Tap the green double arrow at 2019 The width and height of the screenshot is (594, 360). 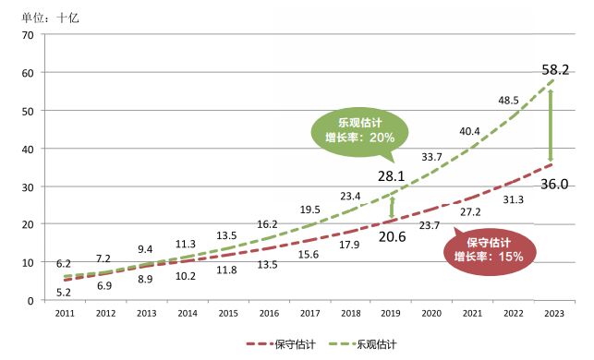392,207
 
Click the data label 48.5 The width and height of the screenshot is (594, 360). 509,100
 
